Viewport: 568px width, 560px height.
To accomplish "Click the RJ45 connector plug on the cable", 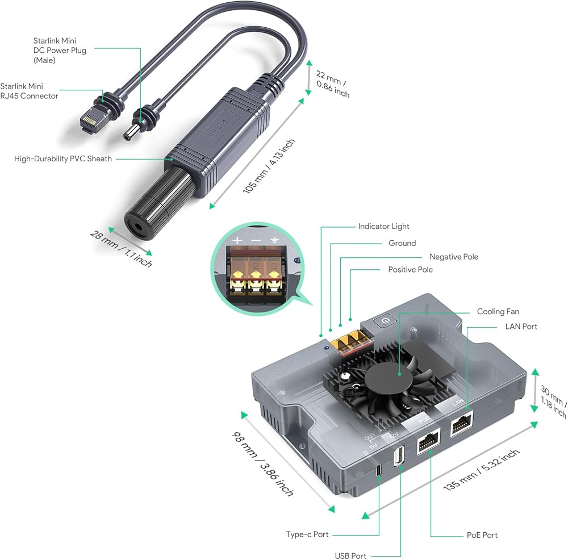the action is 90,119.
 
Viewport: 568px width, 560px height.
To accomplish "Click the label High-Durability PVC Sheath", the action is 63,158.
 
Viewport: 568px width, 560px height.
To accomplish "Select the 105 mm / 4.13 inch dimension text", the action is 269,166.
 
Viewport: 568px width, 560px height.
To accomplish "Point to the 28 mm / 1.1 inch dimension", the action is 121,249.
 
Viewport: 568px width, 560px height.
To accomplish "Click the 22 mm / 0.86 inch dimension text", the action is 332,84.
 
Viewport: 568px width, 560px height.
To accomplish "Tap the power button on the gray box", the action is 385,321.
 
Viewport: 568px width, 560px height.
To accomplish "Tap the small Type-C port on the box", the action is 378,470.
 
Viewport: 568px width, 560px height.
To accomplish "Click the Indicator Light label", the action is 383,227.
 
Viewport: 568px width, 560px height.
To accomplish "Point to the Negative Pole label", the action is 453,257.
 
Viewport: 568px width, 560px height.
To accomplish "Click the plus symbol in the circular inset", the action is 237,240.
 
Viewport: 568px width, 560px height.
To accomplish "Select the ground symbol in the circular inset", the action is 274,240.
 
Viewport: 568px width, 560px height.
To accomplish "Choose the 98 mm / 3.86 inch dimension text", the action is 262,464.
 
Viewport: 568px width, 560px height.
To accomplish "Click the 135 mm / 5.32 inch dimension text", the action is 482,470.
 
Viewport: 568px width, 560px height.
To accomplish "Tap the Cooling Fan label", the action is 498,311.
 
